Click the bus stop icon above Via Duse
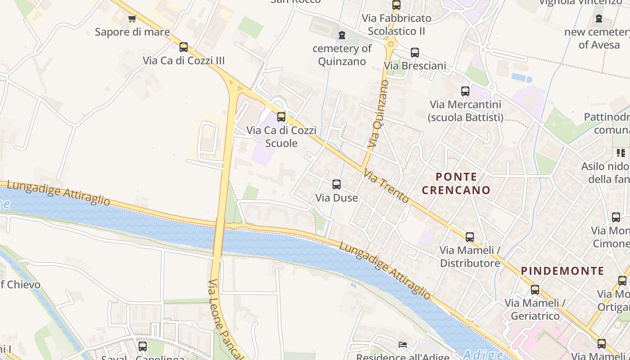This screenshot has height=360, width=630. click(x=337, y=184)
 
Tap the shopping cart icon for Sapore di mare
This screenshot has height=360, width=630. click(x=132, y=18)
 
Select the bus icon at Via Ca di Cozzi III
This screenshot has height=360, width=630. click(x=183, y=47)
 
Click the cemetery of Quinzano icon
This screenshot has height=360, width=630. click(x=342, y=35)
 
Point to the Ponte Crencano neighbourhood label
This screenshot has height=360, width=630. click(x=456, y=183)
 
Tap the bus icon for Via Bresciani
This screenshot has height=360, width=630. click(x=414, y=52)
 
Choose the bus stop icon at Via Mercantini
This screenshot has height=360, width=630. click(x=465, y=91)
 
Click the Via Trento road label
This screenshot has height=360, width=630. click(x=386, y=186)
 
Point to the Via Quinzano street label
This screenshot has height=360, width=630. click(x=378, y=114)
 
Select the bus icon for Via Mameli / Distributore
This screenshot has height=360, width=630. click(x=470, y=237)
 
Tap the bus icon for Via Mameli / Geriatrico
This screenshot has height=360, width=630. click(x=535, y=289)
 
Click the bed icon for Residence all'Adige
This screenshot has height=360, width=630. click(x=403, y=345)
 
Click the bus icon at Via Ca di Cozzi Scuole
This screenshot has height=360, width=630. click(x=281, y=117)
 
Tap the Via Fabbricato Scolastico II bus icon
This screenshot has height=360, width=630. click(x=396, y=5)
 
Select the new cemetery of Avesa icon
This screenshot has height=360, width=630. click(x=599, y=18)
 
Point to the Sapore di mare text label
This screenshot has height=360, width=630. click(x=132, y=32)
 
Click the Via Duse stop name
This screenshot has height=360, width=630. click(x=337, y=198)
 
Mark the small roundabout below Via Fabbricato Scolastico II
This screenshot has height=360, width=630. click(x=390, y=44)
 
